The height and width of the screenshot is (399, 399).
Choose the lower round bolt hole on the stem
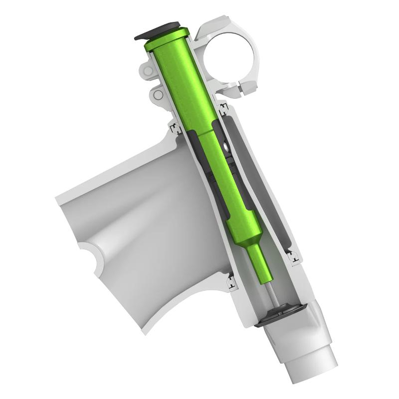pos(158,95)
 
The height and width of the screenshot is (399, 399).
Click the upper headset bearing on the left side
pos(175,129)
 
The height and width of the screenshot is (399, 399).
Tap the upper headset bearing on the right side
pos(223,107)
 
